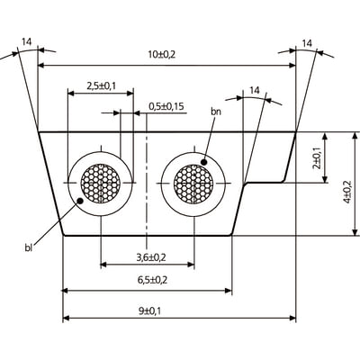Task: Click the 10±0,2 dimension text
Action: (162, 54)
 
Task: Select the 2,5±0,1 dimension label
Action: (101, 86)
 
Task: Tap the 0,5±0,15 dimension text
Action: (166, 106)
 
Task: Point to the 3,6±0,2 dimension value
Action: (151, 257)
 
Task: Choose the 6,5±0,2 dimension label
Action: (152, 280)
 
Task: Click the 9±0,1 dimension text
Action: (150, 311)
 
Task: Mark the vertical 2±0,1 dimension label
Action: (317, 158)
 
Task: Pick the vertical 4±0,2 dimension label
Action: (347, 192)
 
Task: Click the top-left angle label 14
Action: (26, 41)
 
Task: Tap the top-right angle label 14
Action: (307, 43)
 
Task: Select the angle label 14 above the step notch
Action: (255, 90)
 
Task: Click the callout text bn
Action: (216, 112)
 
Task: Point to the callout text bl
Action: (29, 247)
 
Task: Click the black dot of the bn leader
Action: (204, 162)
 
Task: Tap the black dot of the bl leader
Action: (80, 201)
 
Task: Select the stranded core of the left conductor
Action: (101, 183)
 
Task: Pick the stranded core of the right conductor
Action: (193, 183)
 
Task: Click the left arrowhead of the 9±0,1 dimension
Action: (66, 318)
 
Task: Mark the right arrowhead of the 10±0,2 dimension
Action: (292, 66)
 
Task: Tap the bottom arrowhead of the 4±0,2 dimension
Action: (355, 232)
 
